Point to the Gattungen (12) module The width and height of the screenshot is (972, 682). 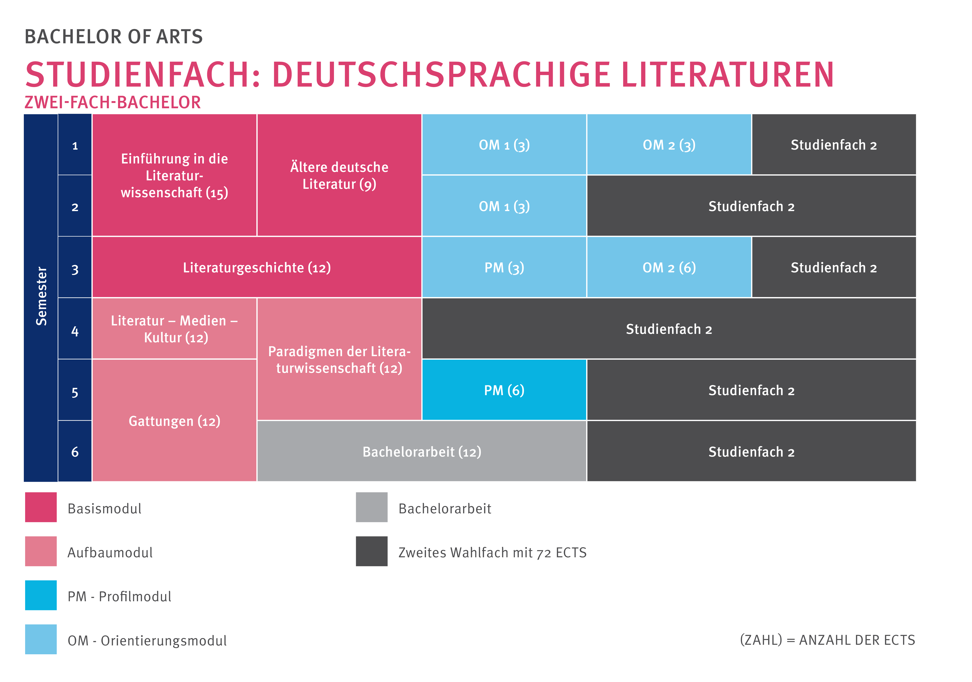[174, 421]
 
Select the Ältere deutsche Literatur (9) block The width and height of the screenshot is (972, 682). [339, 175]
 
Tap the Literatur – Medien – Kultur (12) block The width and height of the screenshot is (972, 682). [174, 329]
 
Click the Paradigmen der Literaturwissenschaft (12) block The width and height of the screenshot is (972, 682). [339, 359]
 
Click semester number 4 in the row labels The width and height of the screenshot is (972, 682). [75, 331]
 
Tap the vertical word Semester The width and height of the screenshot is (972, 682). [41, 296]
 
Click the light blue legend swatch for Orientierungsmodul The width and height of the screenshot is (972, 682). [41, 639]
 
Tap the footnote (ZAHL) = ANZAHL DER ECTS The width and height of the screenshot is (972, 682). [827, 640]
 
